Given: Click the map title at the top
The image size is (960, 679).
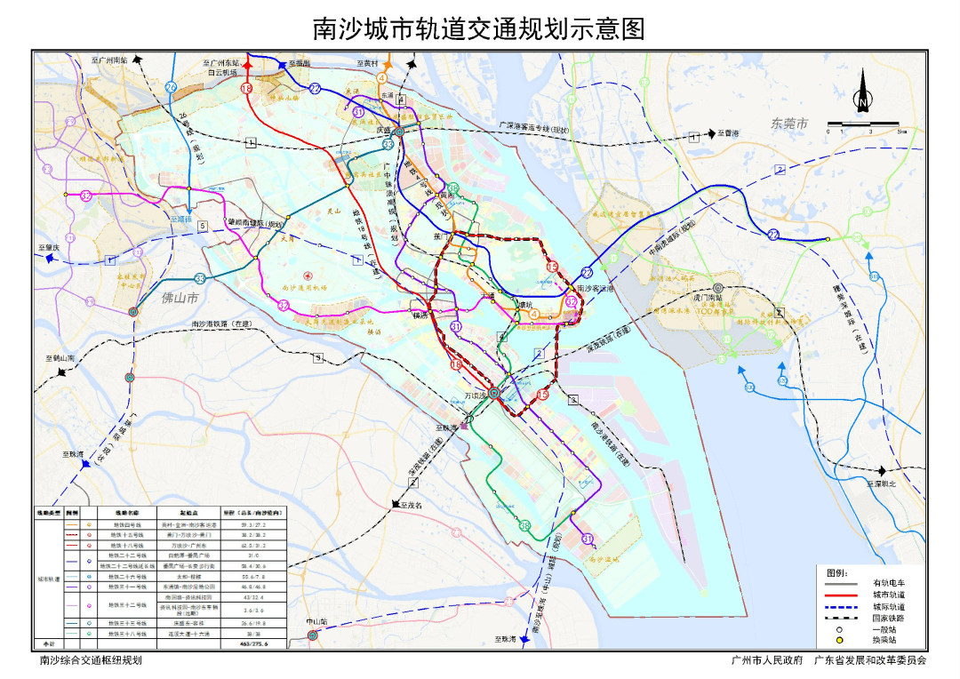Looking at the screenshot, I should click(x=479, y=29).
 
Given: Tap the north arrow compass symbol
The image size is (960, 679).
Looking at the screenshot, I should click(x=862, y=93).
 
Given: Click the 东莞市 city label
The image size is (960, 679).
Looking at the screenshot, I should click(x=789, y=124).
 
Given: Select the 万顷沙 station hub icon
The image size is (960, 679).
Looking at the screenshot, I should click(x=493, y=392).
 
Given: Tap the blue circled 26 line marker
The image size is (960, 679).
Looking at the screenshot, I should click(x=171, y=86).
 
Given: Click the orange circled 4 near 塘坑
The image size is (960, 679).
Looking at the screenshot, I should click(x=534, y=312).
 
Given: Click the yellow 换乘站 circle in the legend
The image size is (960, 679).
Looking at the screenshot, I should click(x=839, y=640).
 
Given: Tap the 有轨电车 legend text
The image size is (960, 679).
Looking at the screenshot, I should click(x=889, y=583).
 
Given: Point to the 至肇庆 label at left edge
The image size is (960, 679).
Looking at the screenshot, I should click(x=48, y=248).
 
